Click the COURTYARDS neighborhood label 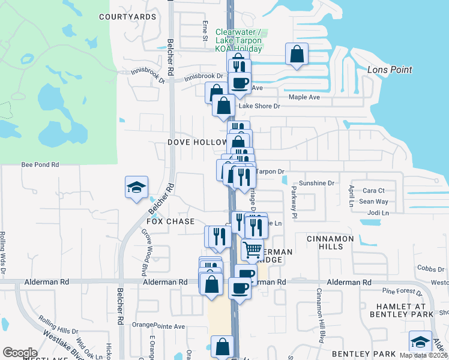128,17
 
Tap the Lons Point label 390,70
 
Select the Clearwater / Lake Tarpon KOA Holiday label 238,40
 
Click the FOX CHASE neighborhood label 170,221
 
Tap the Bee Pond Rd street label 40,164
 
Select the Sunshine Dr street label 316,183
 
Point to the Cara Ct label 373,190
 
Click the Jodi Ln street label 378,212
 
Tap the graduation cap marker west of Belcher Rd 136,187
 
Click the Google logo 20,353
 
